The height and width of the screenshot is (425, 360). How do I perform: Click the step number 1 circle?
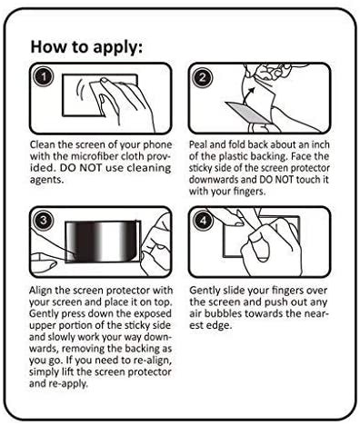(44, 77)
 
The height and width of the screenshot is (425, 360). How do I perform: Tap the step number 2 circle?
(203, 77)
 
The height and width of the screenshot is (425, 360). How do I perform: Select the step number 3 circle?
(44, 220)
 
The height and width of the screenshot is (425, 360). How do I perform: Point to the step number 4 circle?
(203, 220)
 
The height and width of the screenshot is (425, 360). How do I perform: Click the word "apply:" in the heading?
(117, 47)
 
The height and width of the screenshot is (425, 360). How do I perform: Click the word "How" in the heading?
(48, 46)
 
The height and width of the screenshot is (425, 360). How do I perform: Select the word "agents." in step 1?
(46, 180)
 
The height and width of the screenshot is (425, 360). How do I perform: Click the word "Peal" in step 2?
(198, 144)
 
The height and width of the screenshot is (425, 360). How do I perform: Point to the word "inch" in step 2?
(321, 144)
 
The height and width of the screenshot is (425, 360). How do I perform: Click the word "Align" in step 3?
(41, 291)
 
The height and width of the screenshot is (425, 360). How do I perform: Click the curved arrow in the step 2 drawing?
(248, 94)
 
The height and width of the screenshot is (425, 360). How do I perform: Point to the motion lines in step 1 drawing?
(80, 89)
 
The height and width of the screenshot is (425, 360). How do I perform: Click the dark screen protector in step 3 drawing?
(103, 241)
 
